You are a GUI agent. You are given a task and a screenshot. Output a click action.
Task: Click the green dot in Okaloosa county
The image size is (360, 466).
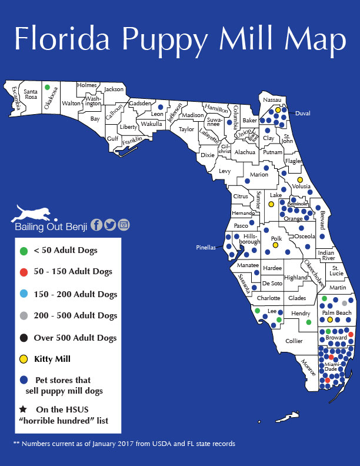[47, 86]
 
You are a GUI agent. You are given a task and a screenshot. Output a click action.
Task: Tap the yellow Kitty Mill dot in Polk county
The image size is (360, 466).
[275, 245]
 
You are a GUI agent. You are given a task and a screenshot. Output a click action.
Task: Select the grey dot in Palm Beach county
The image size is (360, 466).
[345, 303]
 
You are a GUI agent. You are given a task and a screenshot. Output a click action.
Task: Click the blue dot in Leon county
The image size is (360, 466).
[161, 107]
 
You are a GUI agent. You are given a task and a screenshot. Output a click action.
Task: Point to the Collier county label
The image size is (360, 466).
[294, 341]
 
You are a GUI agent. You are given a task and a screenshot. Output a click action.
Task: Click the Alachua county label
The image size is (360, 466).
[245, 152]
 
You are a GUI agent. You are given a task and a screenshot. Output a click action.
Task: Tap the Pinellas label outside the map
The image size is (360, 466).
[205, 248]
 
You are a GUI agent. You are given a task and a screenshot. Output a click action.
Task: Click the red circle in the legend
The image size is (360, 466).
[24, 272]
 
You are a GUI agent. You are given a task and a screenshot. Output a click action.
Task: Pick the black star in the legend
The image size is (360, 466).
[24, 410]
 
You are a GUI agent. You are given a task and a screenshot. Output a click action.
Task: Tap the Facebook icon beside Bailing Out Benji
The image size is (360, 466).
[96, 224]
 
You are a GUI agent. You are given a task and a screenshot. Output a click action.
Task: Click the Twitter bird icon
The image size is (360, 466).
[110, 224]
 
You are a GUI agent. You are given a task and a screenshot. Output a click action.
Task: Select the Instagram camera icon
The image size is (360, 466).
[124, 224]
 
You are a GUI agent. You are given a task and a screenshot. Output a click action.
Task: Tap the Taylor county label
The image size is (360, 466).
[186, 129]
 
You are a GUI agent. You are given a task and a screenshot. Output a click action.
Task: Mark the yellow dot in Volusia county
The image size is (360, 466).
[300, 179]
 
